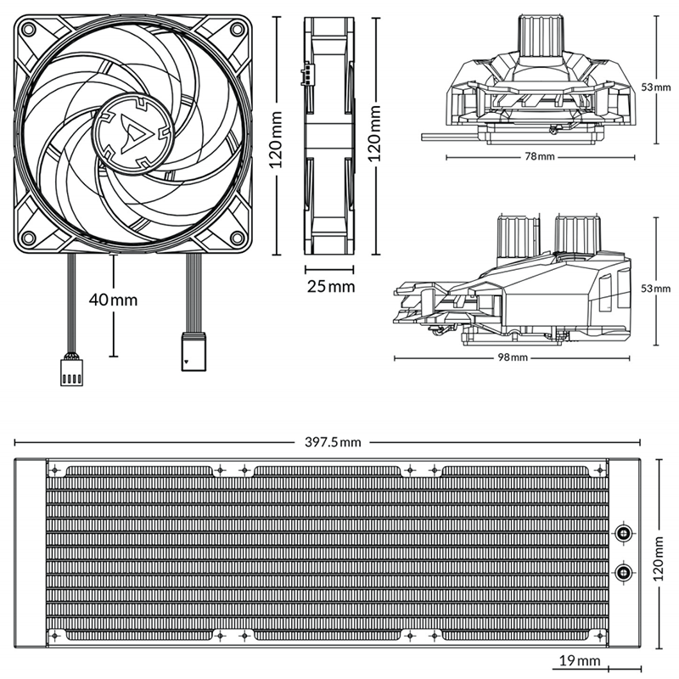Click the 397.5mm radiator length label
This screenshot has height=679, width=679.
pos(333,442)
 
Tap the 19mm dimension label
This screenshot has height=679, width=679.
pos(580,661)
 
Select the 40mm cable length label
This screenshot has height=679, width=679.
pos(113,300)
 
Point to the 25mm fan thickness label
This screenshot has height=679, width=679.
pos(331,286)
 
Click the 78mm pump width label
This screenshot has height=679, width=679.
pos(540,156)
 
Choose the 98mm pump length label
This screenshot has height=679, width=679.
pos(513,357)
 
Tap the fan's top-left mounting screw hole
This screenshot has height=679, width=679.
pos(29,30)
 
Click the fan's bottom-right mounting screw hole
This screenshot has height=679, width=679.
pos(238,238)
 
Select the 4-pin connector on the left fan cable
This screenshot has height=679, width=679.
pos(71,372)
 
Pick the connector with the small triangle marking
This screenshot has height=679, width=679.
pos(194,351)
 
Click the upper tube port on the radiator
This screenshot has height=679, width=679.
pos(624,533)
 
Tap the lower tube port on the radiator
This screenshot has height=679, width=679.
pos(624,572)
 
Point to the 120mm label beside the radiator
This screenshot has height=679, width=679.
pos(659,558)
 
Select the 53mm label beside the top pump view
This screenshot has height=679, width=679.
pos(655,87)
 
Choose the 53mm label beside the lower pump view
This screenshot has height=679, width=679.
pos(655,288)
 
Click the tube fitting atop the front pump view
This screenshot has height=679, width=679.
pos(542,36)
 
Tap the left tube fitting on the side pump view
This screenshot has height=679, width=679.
pos(518,238)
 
